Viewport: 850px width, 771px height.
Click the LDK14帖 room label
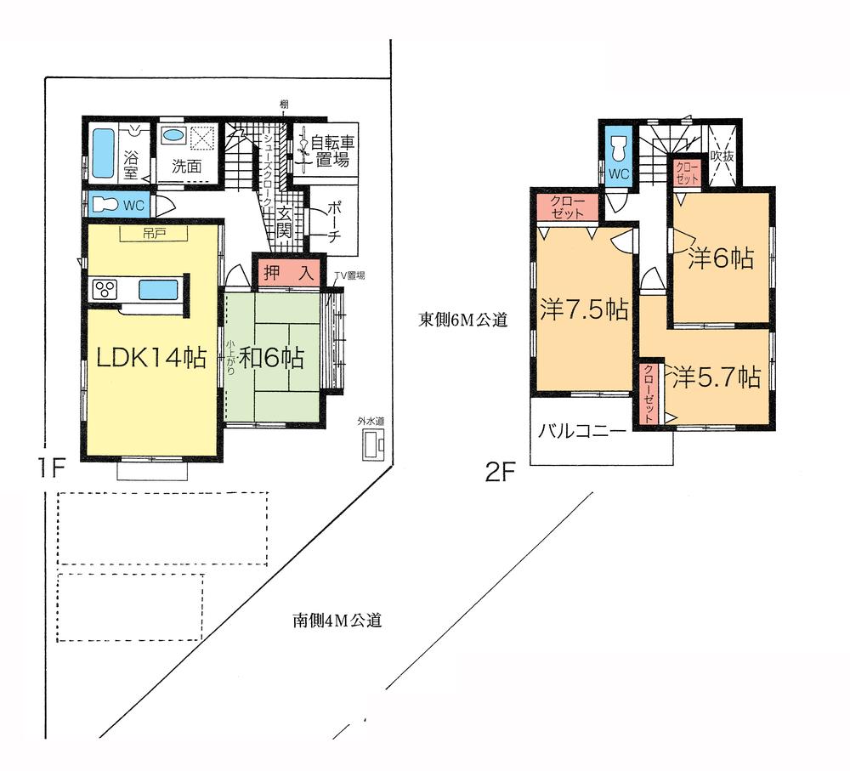click(150, 359)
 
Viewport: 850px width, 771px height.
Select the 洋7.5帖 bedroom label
click(584, 309)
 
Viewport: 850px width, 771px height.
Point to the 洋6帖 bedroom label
click(721, 258)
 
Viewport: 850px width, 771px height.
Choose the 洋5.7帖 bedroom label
click(716, 377)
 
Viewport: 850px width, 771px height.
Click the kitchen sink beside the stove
click(158, 289)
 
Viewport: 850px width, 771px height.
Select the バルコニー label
click(582, 431)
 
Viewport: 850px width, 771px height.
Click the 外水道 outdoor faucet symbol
click(373, 445)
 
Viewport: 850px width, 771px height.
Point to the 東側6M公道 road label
click(462, 320)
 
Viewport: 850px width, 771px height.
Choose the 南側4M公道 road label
click(331, 621)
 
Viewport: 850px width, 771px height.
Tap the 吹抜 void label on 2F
click(722, 156)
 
